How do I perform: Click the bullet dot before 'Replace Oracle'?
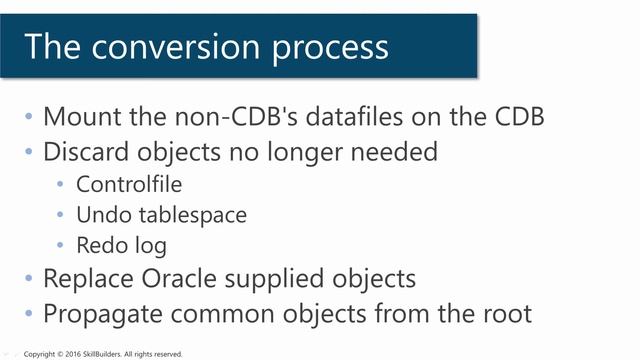tap(29, 279)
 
